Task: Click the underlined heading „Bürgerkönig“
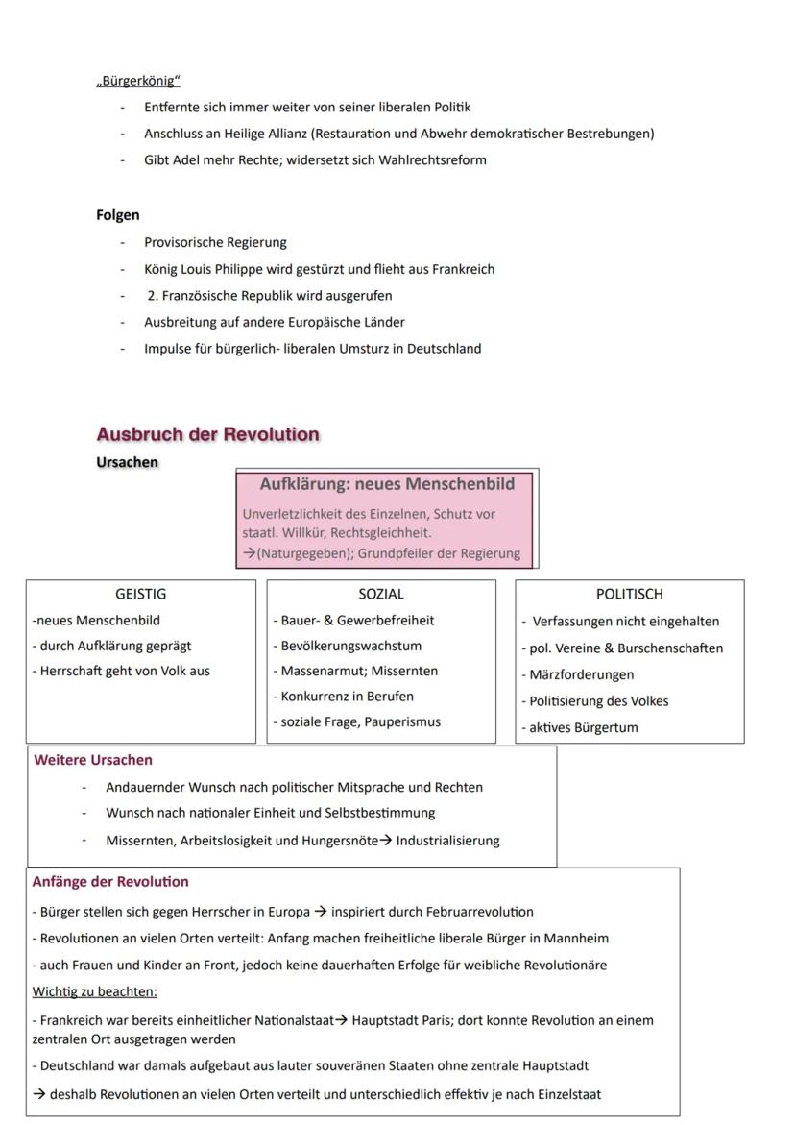click(138, 81)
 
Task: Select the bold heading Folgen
click(117, 215)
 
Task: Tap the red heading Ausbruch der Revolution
click(207, 434)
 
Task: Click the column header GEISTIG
click(140, 595)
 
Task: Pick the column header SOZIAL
click(381, 595)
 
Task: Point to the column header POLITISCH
click(629, 595)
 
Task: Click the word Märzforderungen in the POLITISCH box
click(582, 674)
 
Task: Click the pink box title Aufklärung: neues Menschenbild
click(387, 483)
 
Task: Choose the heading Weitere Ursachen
click(93, 760)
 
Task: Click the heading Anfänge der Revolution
click(110, 882)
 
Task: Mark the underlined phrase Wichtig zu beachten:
click(94, 991)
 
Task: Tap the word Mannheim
click(577, 938)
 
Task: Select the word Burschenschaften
click(672, 648)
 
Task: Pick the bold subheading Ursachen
click(127, 462)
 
